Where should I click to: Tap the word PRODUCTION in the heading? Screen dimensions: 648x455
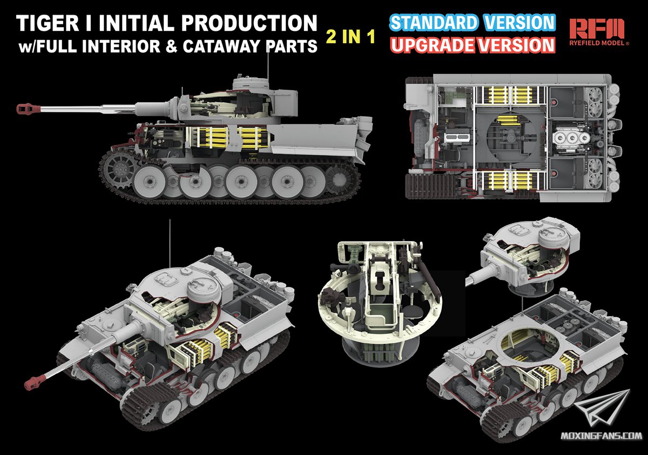[249, 23]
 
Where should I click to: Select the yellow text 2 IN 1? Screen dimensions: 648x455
[350, 37]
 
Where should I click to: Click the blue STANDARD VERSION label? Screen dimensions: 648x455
[472, 23]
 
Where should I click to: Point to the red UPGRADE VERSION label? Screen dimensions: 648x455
[473, 45]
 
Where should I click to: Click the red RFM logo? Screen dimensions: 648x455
[597, 28]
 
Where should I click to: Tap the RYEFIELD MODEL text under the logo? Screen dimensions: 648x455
[598, 43]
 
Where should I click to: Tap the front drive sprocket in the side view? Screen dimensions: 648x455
[119, 168]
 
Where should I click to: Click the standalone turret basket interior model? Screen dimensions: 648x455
[380, 303]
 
